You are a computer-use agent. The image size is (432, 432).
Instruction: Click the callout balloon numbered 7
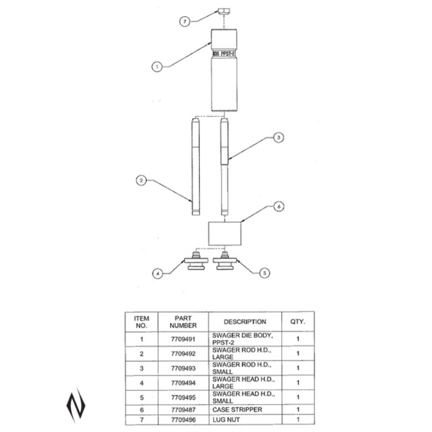(x=185, y=21)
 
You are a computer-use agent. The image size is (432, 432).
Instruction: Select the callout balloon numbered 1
(x=157, y=66)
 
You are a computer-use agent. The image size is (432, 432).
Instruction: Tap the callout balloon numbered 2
(x=140, y=181)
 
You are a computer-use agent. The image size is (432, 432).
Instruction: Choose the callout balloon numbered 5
(x=265, y=273)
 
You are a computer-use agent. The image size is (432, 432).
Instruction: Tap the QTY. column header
(x=298, y=321)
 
